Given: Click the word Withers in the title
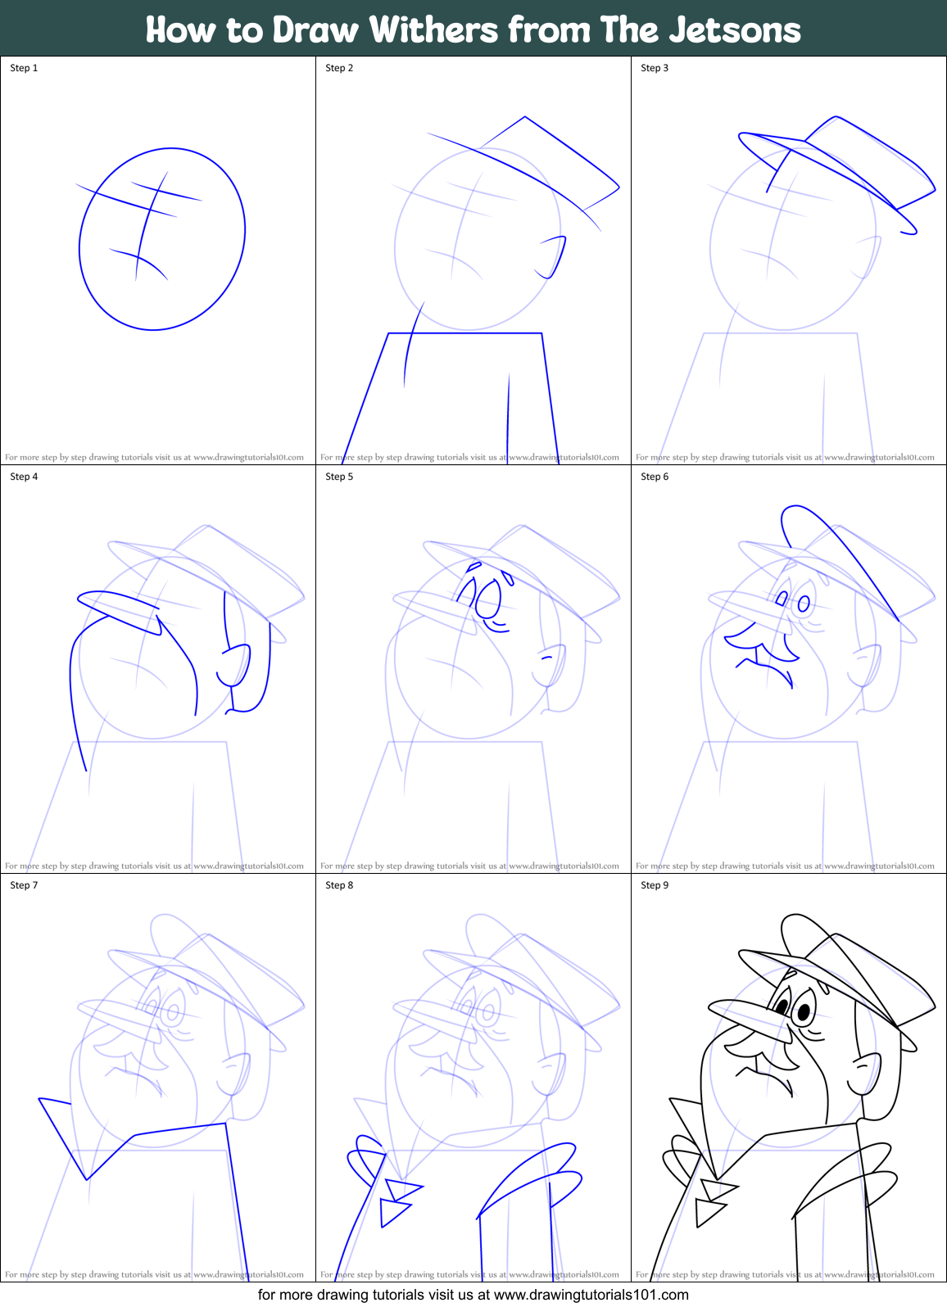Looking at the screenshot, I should point(433,30).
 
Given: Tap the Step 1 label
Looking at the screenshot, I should point(24,68).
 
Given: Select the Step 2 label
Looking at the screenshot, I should point(339,68).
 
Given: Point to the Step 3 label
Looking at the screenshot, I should point(655,68).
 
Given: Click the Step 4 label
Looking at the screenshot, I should point(24,477).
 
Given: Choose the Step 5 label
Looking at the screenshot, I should point(339,477).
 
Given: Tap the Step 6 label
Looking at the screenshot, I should point(655,477).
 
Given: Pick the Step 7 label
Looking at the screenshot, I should point(24,885).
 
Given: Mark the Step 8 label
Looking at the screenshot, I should point(339,885).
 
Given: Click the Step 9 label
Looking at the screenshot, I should point(655,885).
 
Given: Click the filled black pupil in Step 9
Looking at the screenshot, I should point(804,1013).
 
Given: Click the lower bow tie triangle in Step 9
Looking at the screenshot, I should point(709,1211).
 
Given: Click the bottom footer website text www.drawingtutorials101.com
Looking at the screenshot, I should point(591,1295).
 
